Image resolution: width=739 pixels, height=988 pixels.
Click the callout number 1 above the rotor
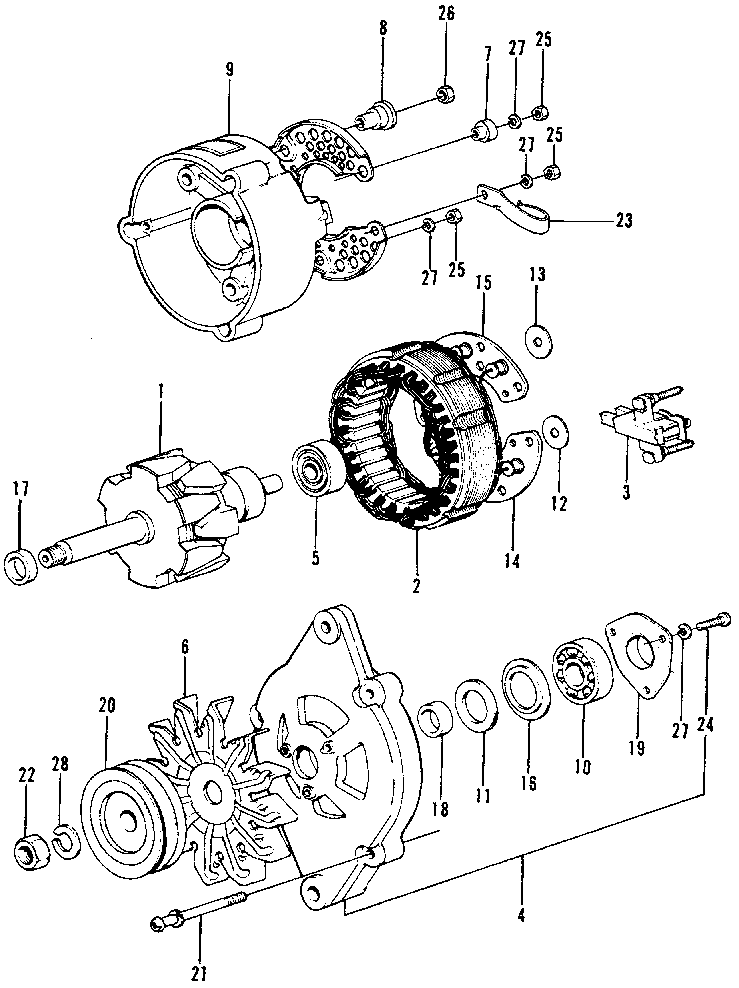coord(161,393)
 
